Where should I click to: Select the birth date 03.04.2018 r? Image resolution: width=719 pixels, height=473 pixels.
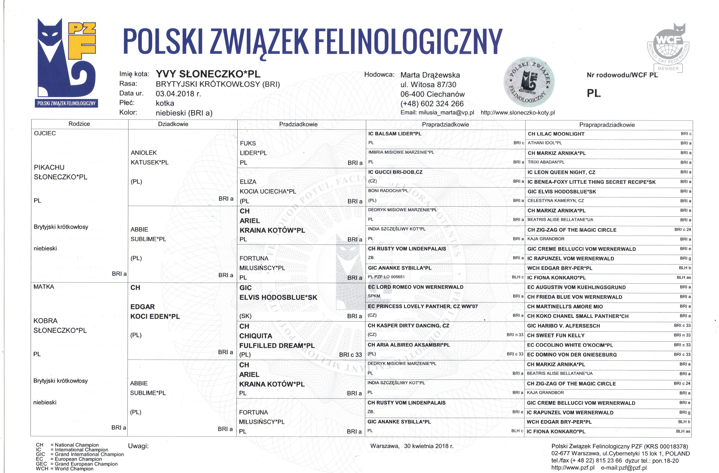178,94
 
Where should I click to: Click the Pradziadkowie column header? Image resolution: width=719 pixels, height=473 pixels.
298,124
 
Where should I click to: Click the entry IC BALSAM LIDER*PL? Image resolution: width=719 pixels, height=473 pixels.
395,133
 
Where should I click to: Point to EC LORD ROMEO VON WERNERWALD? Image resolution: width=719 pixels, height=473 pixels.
415,287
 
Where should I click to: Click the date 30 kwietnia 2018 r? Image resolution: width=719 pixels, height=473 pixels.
428,446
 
